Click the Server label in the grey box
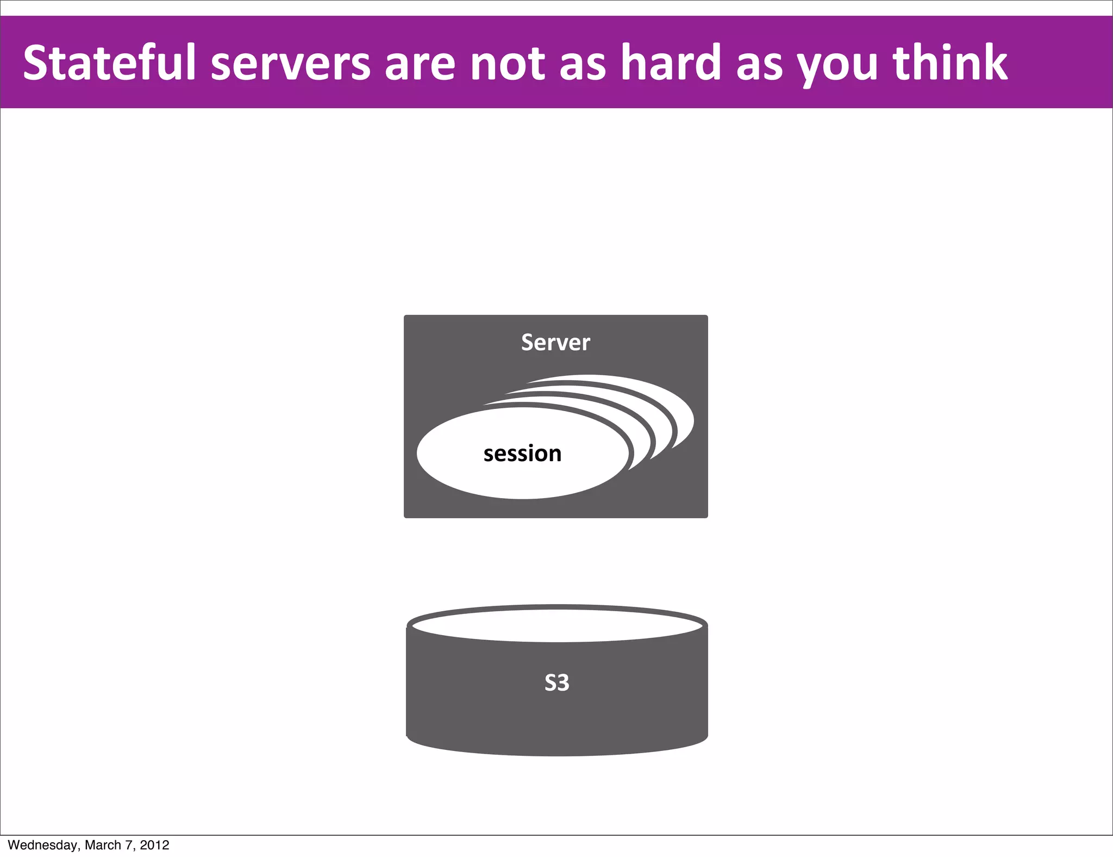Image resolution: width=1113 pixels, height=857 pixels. [555, 343]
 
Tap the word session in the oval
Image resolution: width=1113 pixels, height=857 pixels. [522, 454]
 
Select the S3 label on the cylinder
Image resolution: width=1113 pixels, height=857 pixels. [556, 682]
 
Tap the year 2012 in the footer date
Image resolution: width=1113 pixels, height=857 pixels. [154, 845]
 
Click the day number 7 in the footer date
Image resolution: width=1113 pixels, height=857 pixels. [128, 845]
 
